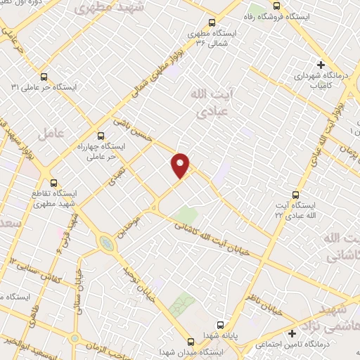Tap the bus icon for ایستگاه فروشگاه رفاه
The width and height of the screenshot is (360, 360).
click(x=276, y=6)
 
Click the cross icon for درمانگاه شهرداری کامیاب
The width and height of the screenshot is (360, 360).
click(x=321, y=64)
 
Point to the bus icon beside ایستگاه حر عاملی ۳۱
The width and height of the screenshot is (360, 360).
click(x=44, y=77)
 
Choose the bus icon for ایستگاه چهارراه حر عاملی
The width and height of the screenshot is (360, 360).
click(x=100, y=136)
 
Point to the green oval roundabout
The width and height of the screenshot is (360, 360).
click(x=106, y=243)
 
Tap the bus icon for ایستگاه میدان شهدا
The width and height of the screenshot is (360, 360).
click(x=191, y=341)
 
